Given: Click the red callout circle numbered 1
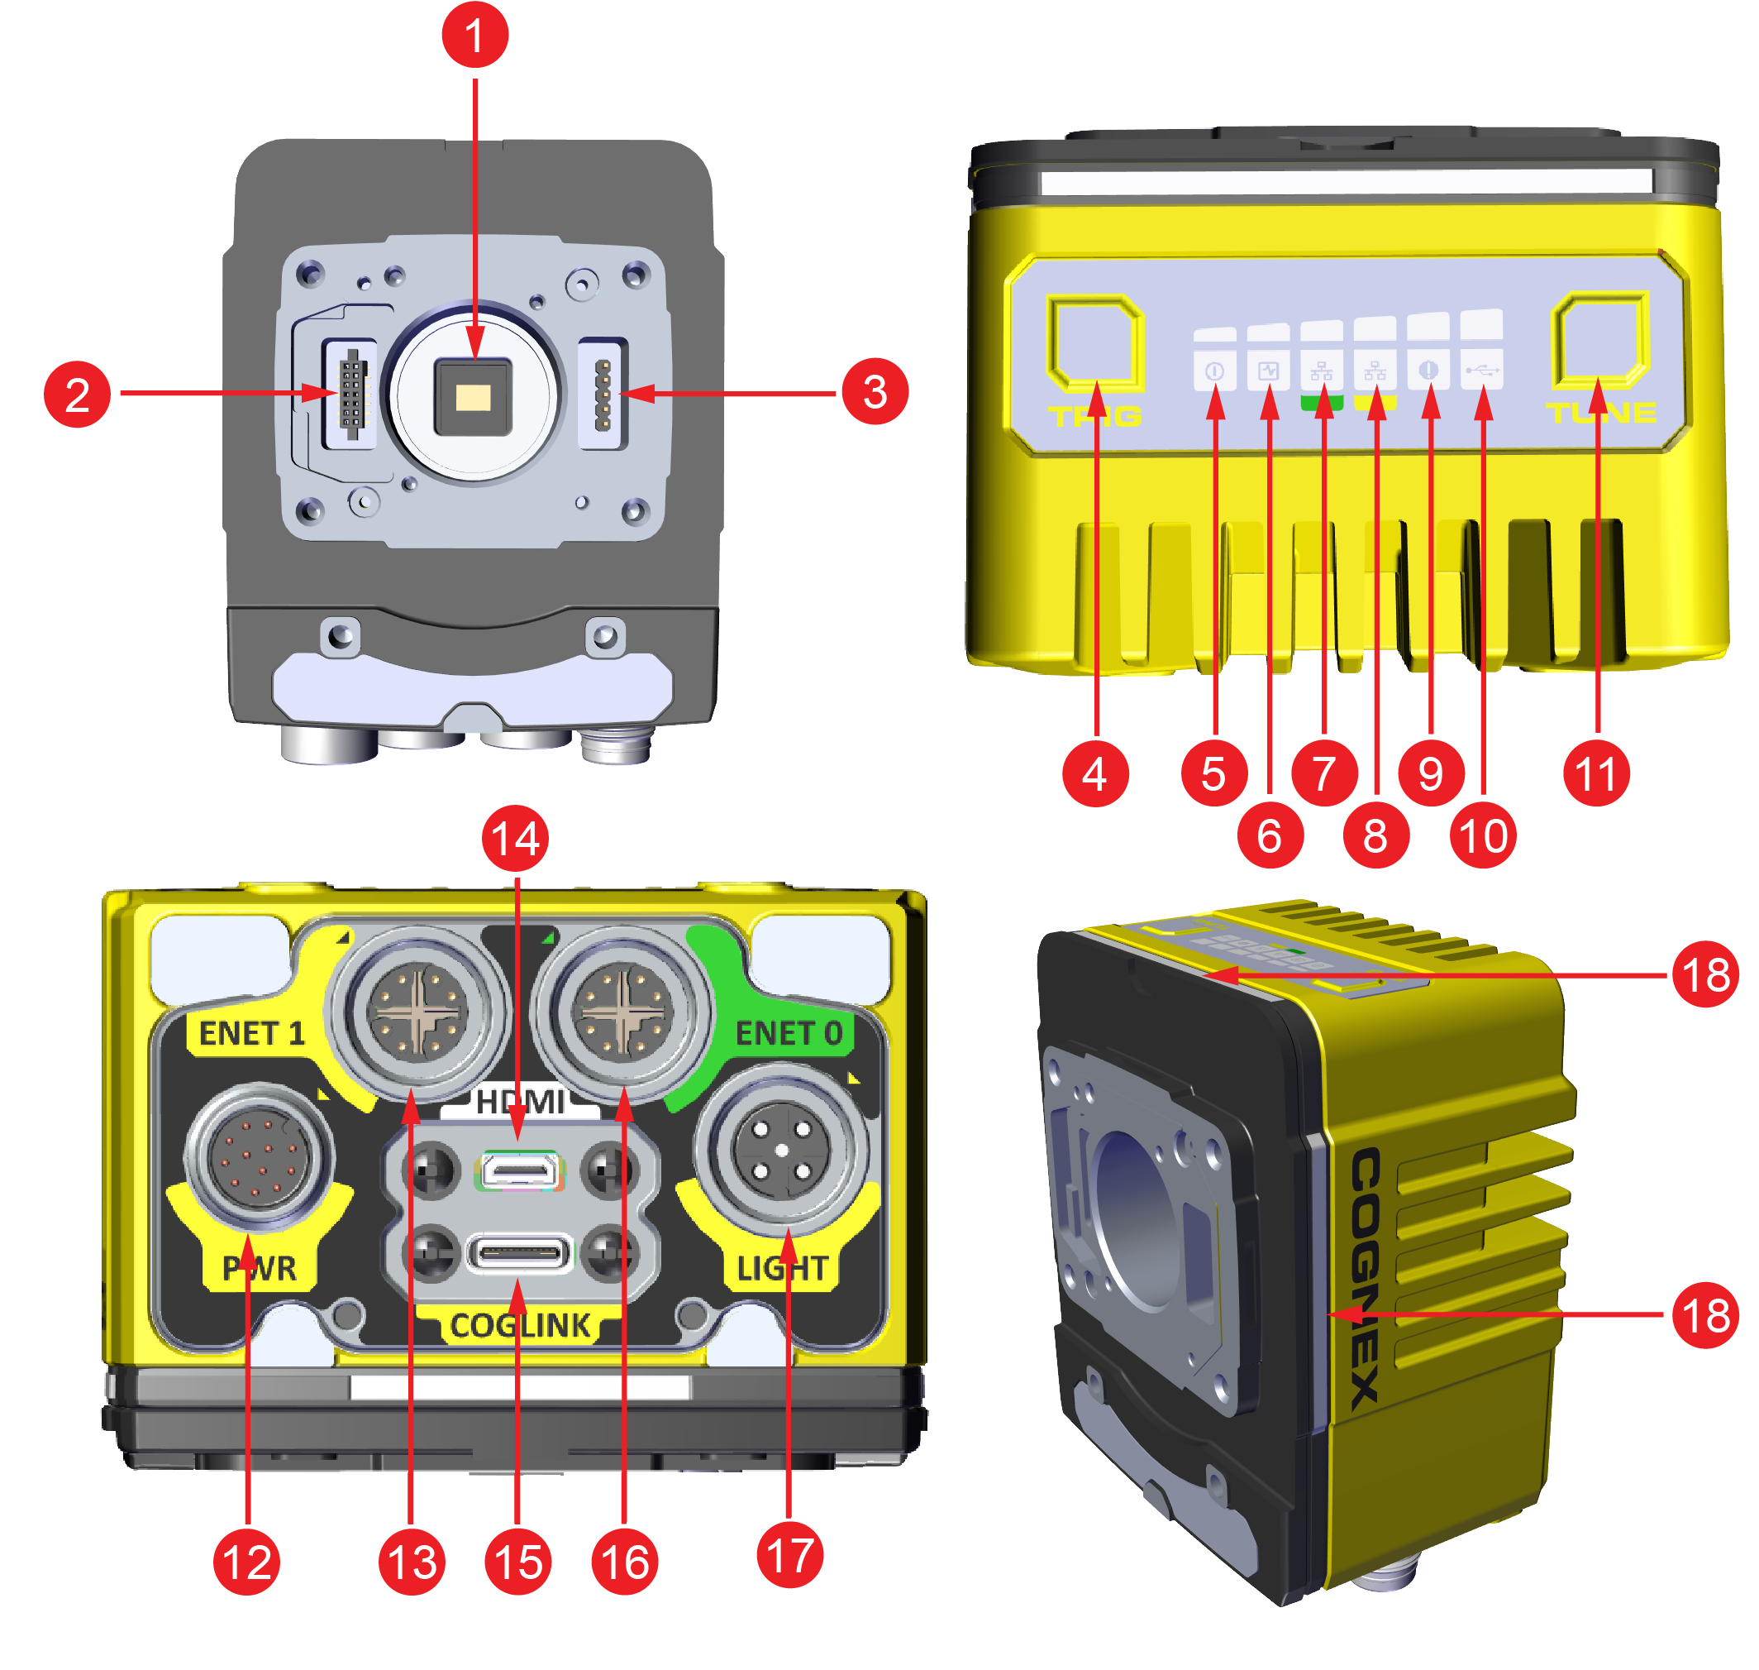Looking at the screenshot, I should [474, 35].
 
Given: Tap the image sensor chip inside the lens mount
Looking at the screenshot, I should [473, 397].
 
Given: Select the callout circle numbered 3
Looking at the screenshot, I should [874, 393].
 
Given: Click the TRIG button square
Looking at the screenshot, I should [1094, 342].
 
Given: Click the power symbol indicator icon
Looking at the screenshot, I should [1213, 371].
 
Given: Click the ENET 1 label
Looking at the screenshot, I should [251, 1032].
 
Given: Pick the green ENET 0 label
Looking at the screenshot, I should [788, 1032].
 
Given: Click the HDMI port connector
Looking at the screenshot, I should [520, 1170].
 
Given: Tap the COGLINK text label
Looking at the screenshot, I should [520, 1326].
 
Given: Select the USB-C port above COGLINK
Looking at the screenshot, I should [520, 1253].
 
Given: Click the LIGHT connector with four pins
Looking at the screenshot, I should [781, 1150].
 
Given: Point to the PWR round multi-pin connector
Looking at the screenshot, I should [259, 1157].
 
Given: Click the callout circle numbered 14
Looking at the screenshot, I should [515, 839].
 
